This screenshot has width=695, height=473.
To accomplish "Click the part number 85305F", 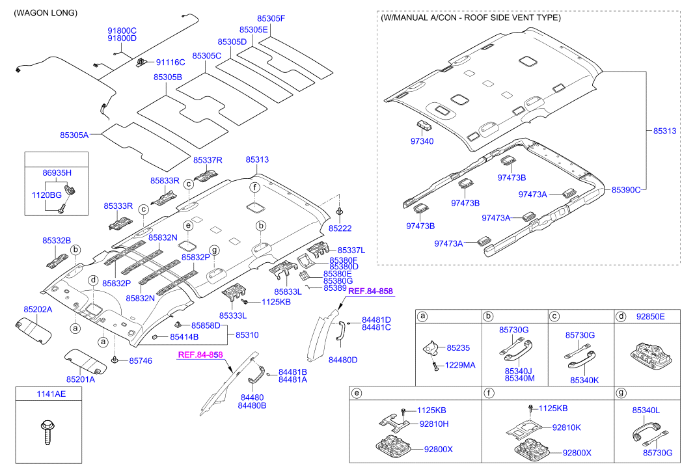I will pyautogui.click(x=271, y=19).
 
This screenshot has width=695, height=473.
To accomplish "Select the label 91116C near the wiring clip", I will pyautogui.click(x=170, y=62).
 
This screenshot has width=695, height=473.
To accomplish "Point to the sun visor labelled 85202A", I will pyautogui.click(x=34, y=330).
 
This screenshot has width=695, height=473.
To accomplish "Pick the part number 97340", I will pyautogui.click(x=421, y=141).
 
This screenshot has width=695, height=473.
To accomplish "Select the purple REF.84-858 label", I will pyautogui.click(x=370, y=291).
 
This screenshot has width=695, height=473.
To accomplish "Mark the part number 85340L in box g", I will pyautogui.click(x=646, y=411).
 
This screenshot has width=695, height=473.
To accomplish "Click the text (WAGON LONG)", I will pyautogui.click(x=46, y=13).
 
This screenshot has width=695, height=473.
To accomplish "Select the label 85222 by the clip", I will pyautogui.click(x=340, y=228).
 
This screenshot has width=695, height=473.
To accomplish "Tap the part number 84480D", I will pyautogui.click(x=343, y=360).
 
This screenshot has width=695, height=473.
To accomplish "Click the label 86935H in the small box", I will pyautogui.click(x=57, y=173).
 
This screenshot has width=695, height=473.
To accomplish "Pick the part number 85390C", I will pyautogui.click(x=625, y=189).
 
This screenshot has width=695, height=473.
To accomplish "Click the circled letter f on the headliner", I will pyautogui.click(x=255, y=187).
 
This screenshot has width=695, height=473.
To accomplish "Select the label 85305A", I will pyautogui.click(x=74, y=135).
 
